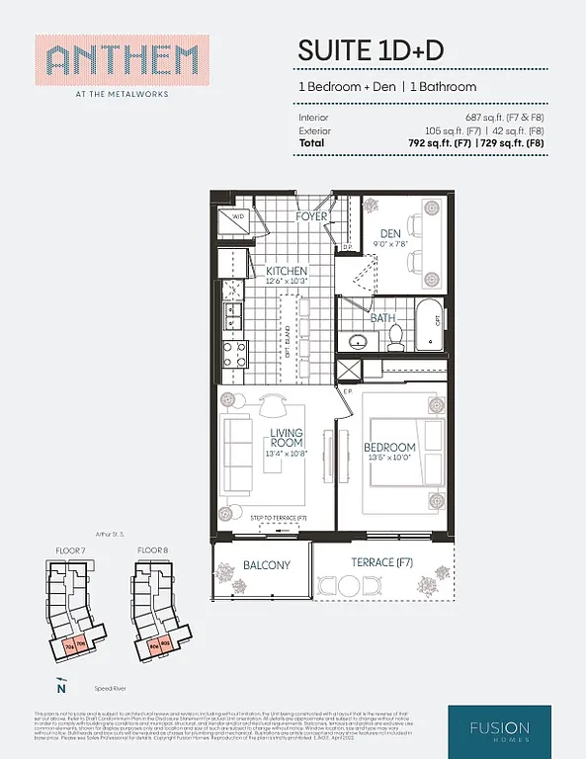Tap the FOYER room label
pos(311,216)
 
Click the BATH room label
pos(382,319)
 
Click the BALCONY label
pos(266,565)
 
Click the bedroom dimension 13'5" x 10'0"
pos(389,459)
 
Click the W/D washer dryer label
pos(238,216)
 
